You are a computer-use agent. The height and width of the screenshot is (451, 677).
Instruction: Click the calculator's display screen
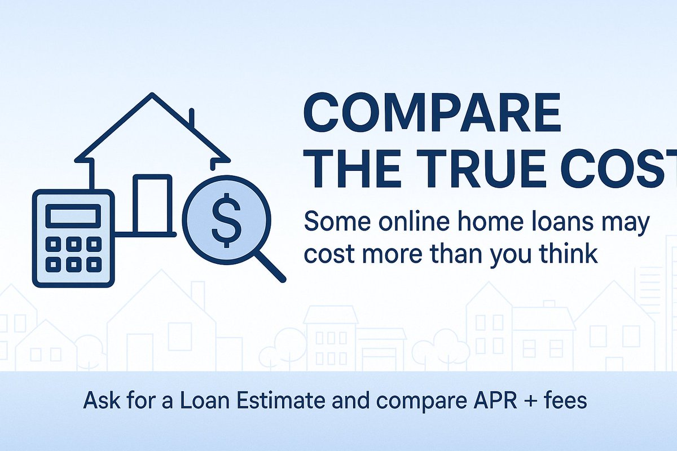click(x=73, y=215)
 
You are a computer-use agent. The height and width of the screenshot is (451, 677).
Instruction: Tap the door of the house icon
click(x=151, y=203)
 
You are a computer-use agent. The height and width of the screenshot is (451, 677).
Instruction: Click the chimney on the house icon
click(x=192, y=120)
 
